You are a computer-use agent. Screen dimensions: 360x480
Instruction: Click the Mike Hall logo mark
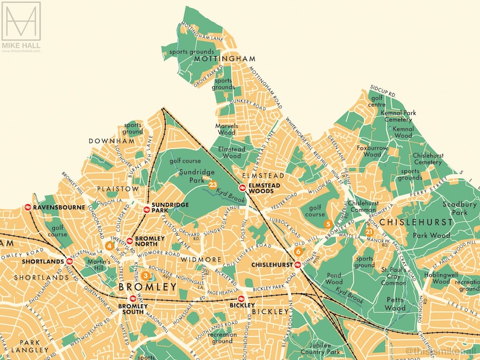[21, 21]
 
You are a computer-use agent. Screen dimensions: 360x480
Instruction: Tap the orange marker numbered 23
[213, 184]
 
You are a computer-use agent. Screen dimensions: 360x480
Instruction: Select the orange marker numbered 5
[328, 223]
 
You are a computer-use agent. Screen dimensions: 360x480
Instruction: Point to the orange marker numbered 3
[145, 275]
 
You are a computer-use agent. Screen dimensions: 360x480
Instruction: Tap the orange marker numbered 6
[299, 252]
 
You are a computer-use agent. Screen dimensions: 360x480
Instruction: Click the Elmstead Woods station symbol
[242, 187]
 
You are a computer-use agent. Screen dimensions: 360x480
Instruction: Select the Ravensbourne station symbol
[28, 207]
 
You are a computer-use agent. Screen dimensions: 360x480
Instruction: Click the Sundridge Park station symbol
[147, 210]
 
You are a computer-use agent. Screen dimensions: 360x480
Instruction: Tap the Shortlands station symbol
[70, 262]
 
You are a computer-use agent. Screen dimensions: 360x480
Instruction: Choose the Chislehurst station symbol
[298, 265]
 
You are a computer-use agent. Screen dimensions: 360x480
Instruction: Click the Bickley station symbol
[241, 298]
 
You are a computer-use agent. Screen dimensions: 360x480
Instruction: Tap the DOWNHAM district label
[111, 141]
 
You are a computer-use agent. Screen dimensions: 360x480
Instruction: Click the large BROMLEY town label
[148, 286]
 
